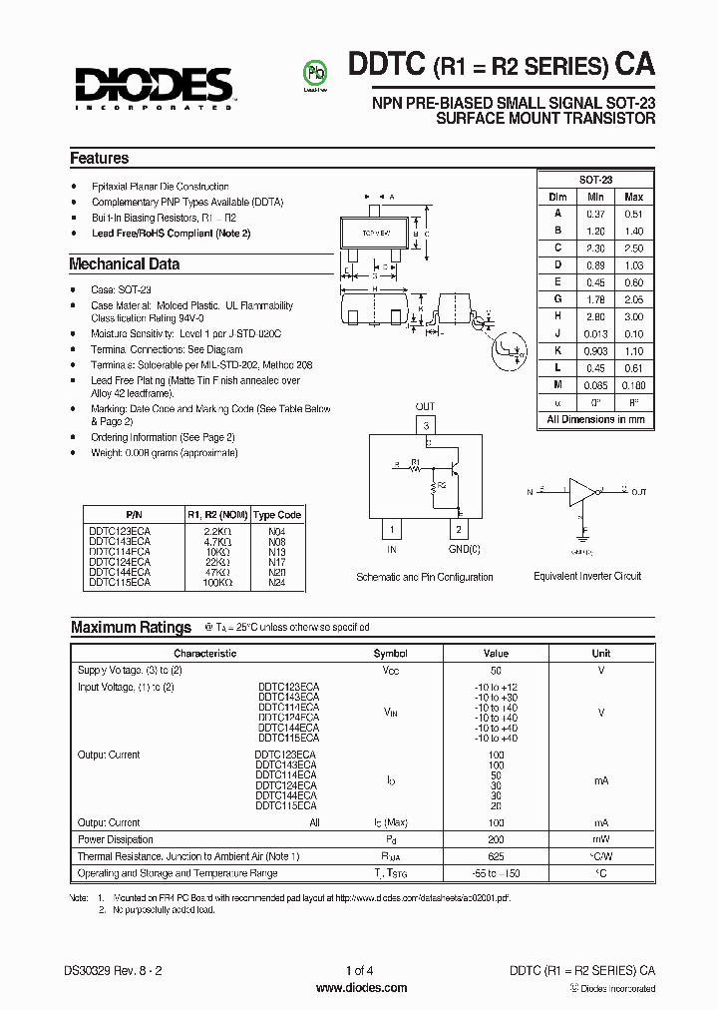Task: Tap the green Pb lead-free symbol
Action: pyautogui.click(x=316, y=74)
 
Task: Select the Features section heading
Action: pyautogui.click(x=99, y=159)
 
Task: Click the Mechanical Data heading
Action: pyautogui.click(x=124, y=264)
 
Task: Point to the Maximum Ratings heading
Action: pyautogui.click(x=131, y=628)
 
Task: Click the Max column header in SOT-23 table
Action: pyautogui.click(x=633, y=197)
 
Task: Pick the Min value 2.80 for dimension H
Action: pyautogui.click(x=596, y=315)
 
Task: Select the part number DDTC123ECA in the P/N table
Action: pyautogui.click(x=121, y=532)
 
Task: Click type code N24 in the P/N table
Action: pyautogui.click(x=276, y=582)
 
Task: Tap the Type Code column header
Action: pyautogui.click(x=276, y=515)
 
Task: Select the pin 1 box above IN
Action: pyautogui.click(x=393, y=529)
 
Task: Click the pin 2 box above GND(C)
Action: pyautogui.click(x=458, y=529)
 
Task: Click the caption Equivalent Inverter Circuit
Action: pyautogui.click(x=587, y=577)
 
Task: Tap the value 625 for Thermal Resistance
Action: pyautogui.click(x=496, y=856)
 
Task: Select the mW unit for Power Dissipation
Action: pyautogui.click(x=601, y=839)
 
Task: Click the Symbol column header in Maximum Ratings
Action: pyautogui.click(x=390, y=653)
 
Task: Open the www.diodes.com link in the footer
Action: pyautogui.click(x=361, y=988)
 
